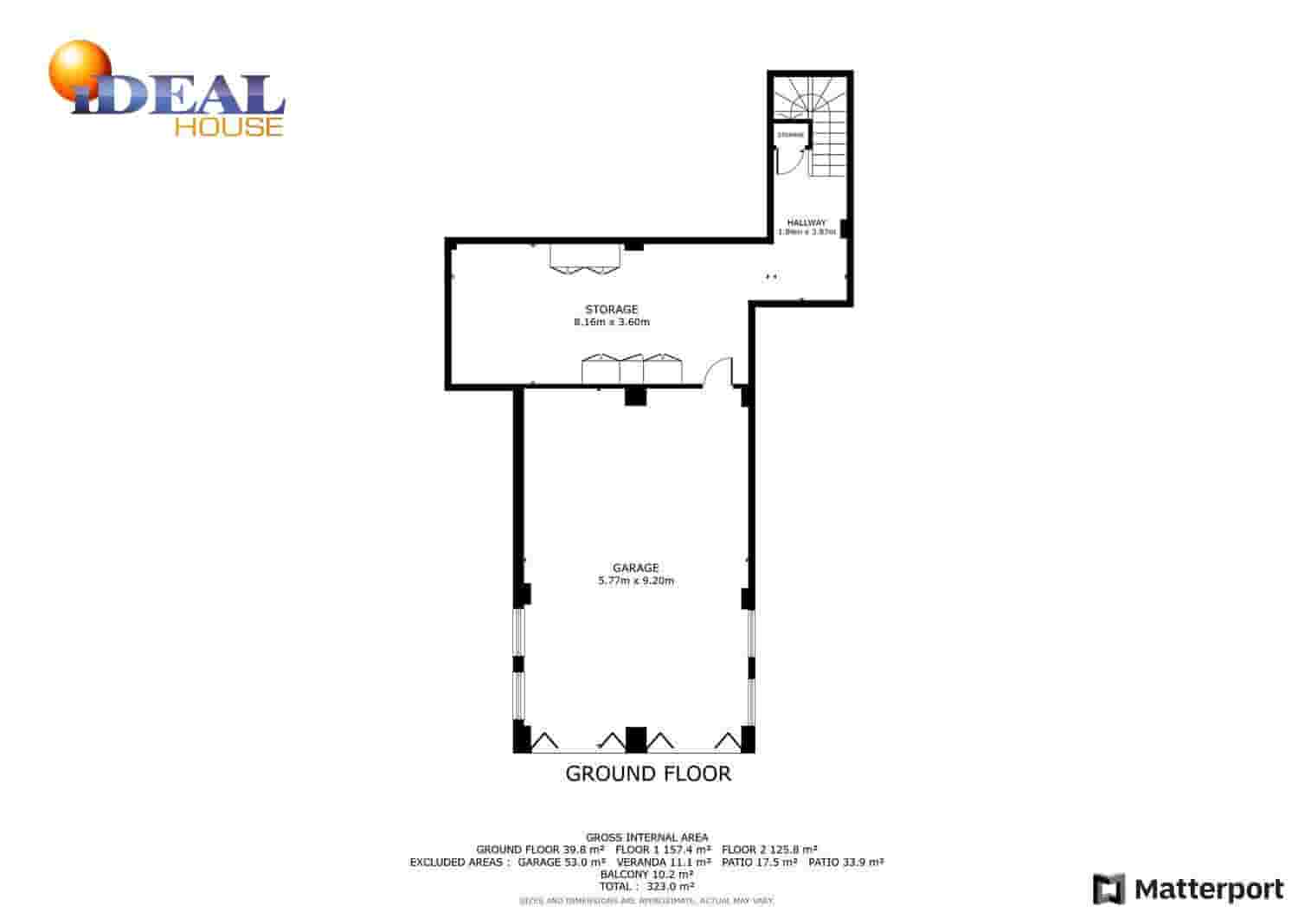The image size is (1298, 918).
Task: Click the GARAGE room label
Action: pyautogui.click(x=636, y=568)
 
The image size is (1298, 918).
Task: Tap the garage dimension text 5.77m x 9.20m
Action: pyautogui.click(x=636, y=581)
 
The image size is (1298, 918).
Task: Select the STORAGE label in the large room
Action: pyautogui.click(x=612, y=309)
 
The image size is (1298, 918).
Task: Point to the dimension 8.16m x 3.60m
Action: pyautogui.click(x=612, y=322)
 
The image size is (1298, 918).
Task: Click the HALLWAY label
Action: pyautogui.click(x=806, y=222)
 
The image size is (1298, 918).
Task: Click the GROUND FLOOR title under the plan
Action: pyautogui.click(x=648, y=774)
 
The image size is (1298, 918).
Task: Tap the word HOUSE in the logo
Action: pyautogui.click(x=228, y=126)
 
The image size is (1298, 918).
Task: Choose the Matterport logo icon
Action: pyautogui.click(x=1108, y=889)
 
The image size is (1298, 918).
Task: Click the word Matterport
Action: pyautogui.click(x=1210, y=889)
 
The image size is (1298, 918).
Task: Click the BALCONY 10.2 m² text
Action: pyautogui.click(x=647, y=874)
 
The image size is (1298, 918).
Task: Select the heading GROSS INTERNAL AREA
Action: pyautogui.click(x=647, y=837)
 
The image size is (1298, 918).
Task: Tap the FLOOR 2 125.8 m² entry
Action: pyautogui.click(x=769, y=850)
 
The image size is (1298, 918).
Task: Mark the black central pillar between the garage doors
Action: pyautogui.click(x=636, y=739)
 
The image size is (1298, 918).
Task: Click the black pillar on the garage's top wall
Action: pyautogui.click(x=636, y=395)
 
